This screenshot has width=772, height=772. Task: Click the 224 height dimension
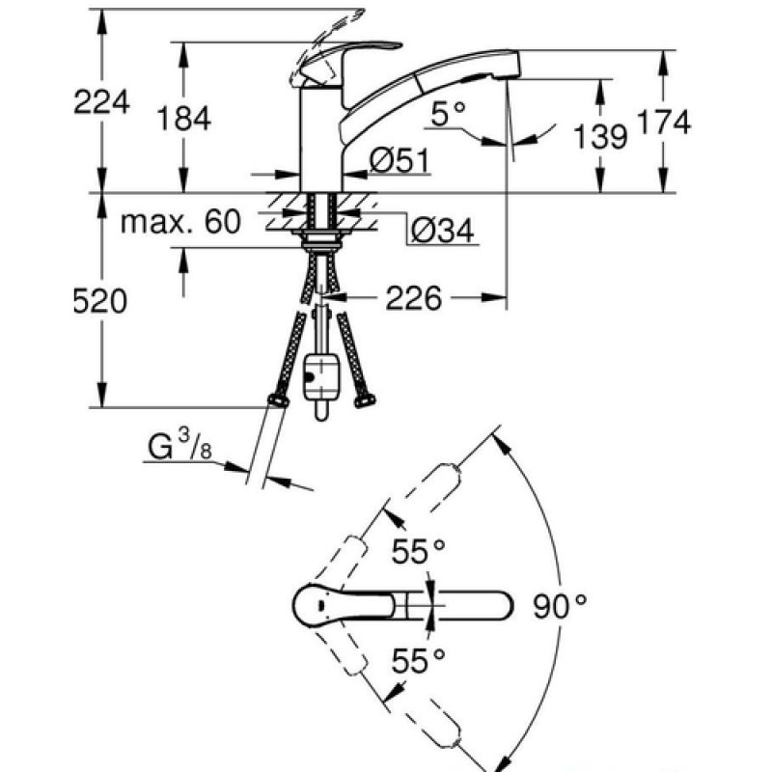pos(102,102)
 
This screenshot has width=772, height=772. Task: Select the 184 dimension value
pos(184,118)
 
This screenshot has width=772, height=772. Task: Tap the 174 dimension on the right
pos(664,122)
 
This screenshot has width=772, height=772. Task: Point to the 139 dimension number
pos(600,136)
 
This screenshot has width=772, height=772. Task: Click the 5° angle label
pos(448,114)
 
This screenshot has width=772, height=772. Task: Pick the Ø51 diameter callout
pos(400,160)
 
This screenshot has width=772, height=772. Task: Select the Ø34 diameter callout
pos(443,230)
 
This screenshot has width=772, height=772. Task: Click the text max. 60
pos(180,222)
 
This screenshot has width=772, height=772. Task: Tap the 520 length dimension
pos(100,301)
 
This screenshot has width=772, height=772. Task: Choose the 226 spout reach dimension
pos(414,298)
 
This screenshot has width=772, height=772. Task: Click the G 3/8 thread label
pos(180,445)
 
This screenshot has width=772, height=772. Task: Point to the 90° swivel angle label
pos(560,606)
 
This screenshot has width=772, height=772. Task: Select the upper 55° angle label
pos(419,551)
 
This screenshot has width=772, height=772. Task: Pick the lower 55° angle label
pos(419,660)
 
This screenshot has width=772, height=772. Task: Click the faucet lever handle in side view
pos(352,58)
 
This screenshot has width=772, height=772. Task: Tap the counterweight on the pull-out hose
pos(321,376)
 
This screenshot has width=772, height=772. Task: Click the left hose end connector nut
pos(279,401)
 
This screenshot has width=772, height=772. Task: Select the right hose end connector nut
pos(365,401)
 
